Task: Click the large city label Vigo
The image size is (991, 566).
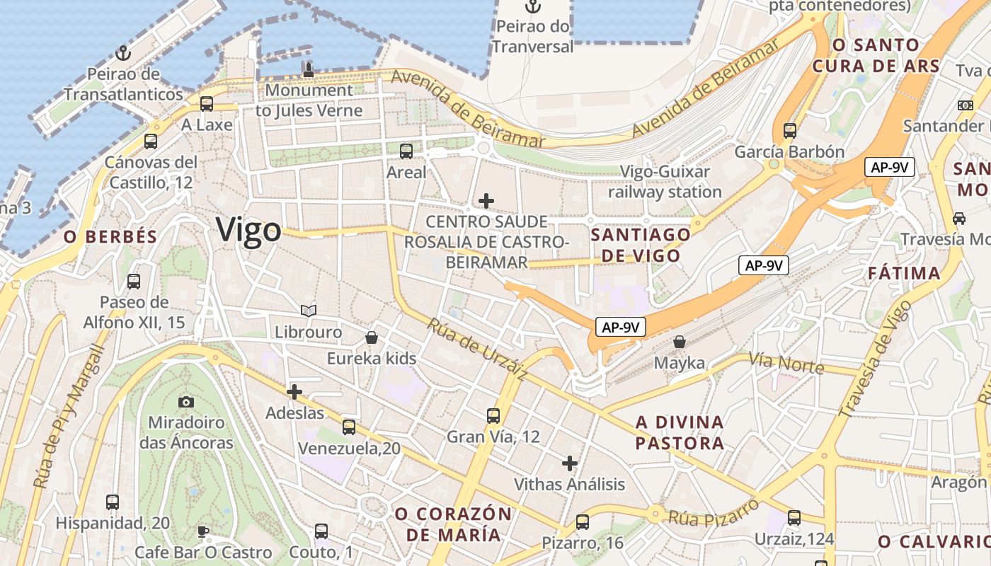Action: pos(248,230)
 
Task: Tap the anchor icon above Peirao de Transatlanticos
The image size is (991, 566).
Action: pos(124,53)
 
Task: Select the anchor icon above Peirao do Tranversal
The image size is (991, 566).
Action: pos(532,8)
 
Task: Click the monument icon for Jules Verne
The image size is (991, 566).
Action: pos(308,69)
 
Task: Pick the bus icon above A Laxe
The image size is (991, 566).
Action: pos(207,104)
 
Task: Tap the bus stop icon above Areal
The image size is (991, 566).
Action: pos(406,151)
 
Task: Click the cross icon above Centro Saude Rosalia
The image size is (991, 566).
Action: pos(486,201)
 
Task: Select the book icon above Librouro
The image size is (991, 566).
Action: pos(308,311)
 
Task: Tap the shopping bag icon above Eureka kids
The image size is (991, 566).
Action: pos(372,337)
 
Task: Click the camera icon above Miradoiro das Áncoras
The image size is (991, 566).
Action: pos(186,402)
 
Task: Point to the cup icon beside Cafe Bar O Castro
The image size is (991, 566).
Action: pos(203,531)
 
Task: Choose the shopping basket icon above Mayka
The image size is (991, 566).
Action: pos(680,342)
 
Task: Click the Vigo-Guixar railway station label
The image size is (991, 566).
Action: pos(665,182)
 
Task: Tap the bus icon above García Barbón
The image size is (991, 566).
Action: pos(790,130)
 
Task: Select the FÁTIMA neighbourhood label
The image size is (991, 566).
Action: pos(905,273)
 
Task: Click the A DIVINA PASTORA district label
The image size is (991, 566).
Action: pos(680,433)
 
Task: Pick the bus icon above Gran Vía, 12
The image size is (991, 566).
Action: pos(493,415)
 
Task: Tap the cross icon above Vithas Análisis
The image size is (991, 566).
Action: pos(570,463)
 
